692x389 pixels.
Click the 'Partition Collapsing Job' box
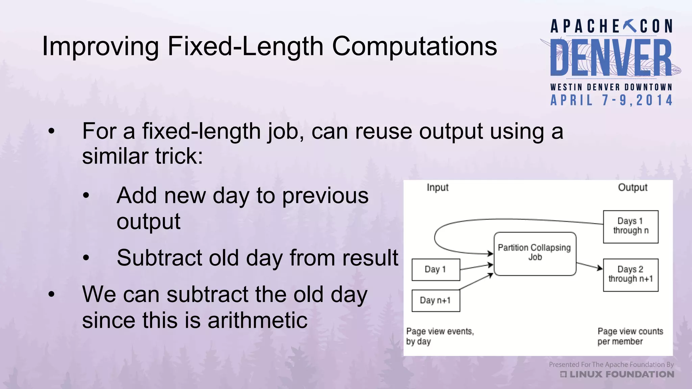535,254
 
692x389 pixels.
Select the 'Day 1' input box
436,269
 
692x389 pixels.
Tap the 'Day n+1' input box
436,300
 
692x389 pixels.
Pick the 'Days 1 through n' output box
631,226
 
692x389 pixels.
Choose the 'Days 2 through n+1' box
631,275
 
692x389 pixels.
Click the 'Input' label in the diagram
437,187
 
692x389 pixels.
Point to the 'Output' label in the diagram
633,187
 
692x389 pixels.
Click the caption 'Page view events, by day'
439,336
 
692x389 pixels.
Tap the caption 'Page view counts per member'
630,336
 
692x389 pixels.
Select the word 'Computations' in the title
414,46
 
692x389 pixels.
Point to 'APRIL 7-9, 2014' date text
612,100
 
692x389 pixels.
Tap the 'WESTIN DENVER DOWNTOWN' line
611,87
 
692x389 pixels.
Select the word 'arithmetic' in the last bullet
257,320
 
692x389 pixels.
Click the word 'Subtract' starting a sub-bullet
159,258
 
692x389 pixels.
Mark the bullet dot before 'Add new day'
86,196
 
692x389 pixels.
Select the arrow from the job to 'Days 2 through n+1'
589,266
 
